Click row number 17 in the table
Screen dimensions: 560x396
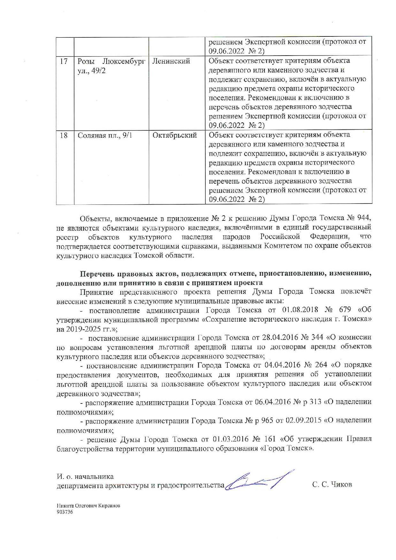[64, 61]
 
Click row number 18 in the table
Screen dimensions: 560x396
[64, 135]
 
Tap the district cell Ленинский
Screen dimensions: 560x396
[171, 61]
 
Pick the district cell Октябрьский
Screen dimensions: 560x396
[174, 135]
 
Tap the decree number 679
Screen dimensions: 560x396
[345, 310]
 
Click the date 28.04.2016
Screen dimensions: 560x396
[280, 337]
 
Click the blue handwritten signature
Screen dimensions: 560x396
[259, 481]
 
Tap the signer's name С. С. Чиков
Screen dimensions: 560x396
[332, 485]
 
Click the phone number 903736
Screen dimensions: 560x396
[65, 512]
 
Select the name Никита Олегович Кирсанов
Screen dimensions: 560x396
[88, 506]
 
